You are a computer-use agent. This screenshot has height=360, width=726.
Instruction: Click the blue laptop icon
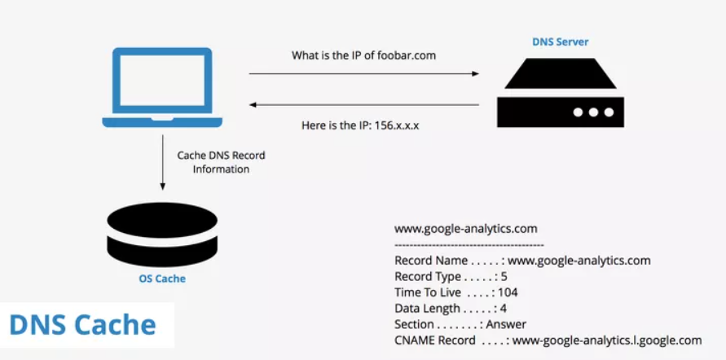[x=162, y=87]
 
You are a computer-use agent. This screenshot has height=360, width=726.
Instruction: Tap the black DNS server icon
[x=561, y=93]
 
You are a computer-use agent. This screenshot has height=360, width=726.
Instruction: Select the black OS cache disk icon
[x=162, y=234]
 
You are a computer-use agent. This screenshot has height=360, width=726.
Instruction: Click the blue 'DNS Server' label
[x=561, y=42]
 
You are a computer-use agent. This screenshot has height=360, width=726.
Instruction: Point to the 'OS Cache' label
[x=162, y=279]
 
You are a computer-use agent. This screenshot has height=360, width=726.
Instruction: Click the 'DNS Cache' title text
[x=82, y=325]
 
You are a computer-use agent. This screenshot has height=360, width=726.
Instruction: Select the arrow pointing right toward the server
[x=364, y=73]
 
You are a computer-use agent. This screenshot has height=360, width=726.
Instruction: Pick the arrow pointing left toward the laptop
[x=364, y=104]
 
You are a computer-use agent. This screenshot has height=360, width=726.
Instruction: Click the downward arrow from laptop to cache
[x=162, y=162]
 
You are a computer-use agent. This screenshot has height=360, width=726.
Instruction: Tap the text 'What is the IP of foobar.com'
[x=363, y=55]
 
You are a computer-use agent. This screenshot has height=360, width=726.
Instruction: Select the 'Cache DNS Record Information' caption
[x=222, y=162]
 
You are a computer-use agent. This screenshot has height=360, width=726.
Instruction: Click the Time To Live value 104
[x=508, y=292]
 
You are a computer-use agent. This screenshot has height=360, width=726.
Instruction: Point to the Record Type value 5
[x=504, y=277]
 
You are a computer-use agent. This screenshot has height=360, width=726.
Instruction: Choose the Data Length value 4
[x=504, y=308]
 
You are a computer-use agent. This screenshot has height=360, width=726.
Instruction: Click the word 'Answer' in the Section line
[x=506, y=324]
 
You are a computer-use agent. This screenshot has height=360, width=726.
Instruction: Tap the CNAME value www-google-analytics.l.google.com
[x=607, y=340]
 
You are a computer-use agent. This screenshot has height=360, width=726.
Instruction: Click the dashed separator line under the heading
[x=469, y=245]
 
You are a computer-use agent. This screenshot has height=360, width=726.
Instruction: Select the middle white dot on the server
[x=593, y=112]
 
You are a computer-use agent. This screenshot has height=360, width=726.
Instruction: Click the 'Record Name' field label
[x=430, y=261]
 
